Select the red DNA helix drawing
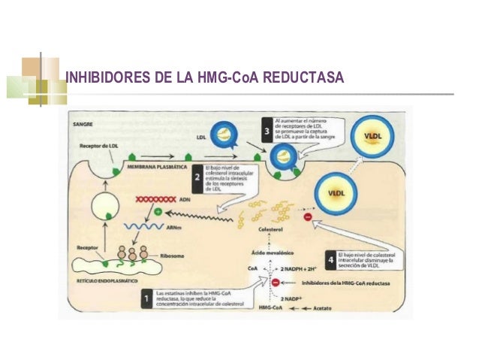click(155, 200)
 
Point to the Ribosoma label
click(170, 256)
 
